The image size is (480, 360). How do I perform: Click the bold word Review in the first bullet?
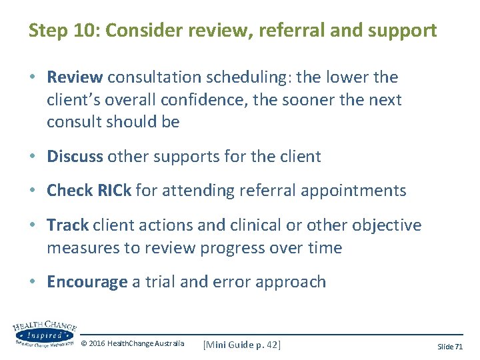click(75, 77)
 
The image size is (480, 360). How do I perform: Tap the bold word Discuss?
click(75, 157)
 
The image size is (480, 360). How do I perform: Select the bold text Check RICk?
click(89, 191)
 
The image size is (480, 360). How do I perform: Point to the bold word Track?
click(68, 225)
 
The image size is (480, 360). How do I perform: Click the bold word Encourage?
click(87, 282)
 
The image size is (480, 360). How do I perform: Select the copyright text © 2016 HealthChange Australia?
click(133, 344)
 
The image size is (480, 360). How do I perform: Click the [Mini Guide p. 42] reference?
click(242, 344)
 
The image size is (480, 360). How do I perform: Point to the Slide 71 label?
click(450, 347)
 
